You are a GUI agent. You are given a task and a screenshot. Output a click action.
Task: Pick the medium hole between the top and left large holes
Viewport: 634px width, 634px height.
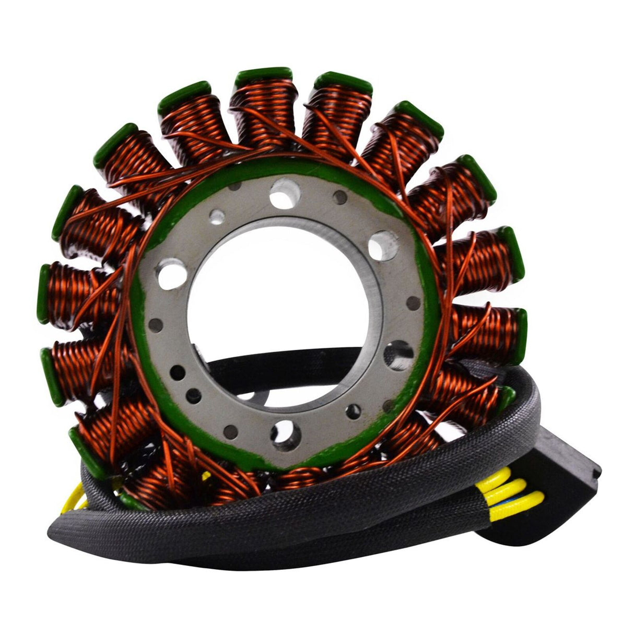[x=217, y=215]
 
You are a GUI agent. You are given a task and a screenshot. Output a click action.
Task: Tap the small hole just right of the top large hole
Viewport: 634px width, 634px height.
[x=340, y=196]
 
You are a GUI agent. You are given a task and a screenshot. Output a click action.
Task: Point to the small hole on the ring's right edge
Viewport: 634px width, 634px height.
[x=413, y=302]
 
